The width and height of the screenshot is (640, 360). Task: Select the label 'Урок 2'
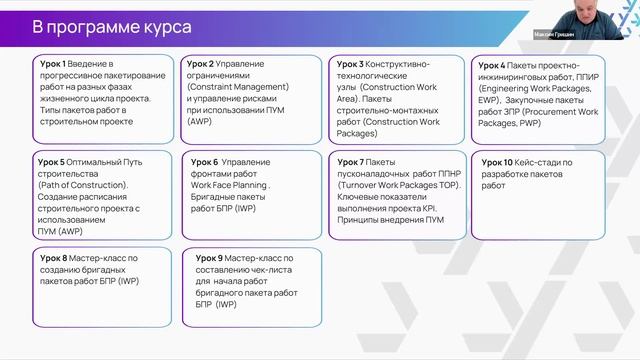[x=199, y=63]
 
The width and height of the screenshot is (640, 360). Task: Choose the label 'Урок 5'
[x=49, y=162]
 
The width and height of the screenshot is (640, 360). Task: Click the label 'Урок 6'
[x=205, y=162]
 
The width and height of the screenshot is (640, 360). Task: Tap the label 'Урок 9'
[x=210, y=258]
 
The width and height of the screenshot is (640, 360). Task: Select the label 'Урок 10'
[x=498, y=162]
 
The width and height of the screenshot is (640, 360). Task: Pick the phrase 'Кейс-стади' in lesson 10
[x=541, y=162]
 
